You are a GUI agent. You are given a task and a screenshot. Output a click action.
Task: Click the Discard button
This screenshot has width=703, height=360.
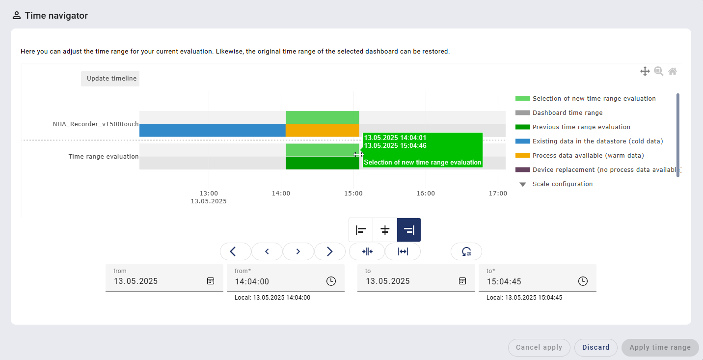click(595, 347)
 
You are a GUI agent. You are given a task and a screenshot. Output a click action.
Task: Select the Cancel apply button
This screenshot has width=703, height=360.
click(539, 347)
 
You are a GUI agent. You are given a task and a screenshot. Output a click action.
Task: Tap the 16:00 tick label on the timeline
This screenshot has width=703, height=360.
click(426, 194)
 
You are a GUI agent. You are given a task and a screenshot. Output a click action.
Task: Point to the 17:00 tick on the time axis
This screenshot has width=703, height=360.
click(498, 194)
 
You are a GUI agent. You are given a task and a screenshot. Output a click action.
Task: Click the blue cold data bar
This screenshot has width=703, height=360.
click(212, 131)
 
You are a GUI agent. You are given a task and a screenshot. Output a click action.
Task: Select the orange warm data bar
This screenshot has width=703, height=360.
click(322, 131)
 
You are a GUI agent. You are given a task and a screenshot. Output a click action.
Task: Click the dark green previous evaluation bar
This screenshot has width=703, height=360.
click(322, 163)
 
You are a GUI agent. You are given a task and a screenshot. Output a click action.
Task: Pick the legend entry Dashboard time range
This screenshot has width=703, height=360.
click(567, 113)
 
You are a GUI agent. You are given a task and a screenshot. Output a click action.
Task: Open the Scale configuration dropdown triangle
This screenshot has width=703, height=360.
click(523, 184)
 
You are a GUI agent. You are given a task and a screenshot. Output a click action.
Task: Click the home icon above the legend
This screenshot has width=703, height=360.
click(673, 71)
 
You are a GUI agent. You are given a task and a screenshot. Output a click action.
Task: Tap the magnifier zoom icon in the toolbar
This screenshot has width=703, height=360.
click(658, 71)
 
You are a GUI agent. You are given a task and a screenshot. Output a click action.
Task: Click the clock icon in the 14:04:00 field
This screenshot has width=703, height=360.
click(331, 281)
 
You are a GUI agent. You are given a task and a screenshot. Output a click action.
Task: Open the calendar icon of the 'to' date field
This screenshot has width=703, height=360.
click(462, 281)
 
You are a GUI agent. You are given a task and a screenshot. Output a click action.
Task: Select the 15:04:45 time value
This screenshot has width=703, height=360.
click(504, 281)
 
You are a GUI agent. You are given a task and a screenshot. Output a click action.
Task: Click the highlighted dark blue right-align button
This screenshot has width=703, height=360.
click(409, 230)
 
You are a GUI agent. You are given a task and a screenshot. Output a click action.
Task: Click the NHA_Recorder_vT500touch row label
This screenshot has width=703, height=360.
click(96, 124)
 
